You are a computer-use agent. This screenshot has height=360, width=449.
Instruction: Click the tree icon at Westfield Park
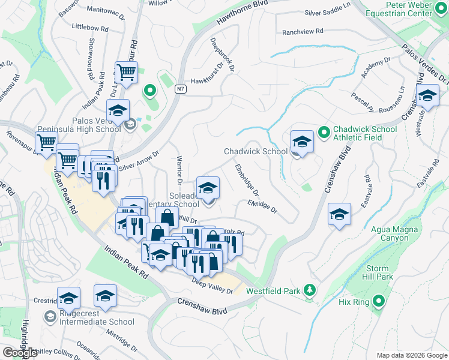point(310,290)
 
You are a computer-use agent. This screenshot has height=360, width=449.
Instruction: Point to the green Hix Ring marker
point(378,301)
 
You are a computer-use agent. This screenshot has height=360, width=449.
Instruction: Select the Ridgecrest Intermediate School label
point(96,322)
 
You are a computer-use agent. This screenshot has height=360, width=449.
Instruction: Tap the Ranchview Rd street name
point(303,31)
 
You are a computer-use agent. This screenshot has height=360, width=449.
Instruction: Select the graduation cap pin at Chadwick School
point(302,142)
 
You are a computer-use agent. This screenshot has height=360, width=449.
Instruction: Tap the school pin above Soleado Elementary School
point(208,188)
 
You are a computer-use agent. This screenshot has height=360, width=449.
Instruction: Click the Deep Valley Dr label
point(212,286)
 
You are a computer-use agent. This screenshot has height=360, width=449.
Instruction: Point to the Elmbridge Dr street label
point(247,179)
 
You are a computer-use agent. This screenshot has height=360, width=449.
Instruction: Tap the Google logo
point(20,352)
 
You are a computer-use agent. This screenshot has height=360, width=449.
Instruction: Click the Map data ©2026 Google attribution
point(411,355)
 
